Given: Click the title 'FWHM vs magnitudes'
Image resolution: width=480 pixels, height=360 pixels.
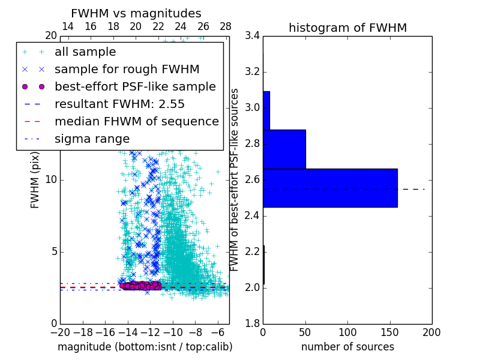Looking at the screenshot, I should point(136,13).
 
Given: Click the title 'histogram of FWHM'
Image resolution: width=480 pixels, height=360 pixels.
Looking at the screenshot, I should point(347,28).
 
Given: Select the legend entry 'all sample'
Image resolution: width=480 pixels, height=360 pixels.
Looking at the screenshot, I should point(85,52).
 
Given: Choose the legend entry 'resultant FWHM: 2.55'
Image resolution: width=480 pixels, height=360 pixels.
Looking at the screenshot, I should point(119,104).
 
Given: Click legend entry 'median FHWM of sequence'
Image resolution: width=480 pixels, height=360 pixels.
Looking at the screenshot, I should point(136,121).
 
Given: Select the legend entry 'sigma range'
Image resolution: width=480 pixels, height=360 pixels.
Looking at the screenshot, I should point(92,139).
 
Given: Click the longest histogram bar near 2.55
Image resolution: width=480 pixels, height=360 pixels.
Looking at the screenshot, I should point(330,188).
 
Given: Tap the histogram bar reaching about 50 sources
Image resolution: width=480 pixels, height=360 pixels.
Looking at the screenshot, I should point(284,149).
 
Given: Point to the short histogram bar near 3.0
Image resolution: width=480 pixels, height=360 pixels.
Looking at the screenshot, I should point(266,110).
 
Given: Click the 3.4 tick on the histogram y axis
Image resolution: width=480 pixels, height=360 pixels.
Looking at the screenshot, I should point(253,36).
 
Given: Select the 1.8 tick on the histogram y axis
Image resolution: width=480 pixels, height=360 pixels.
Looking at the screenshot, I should point(253,324).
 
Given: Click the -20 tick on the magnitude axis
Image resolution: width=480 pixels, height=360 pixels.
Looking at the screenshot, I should point(60,332).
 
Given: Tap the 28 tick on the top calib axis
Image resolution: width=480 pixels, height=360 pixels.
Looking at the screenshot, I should point(226,26).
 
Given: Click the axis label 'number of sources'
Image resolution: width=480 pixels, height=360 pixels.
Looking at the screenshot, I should point(347,347).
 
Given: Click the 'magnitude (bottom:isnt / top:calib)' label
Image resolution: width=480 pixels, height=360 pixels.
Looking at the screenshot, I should point(145,347).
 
